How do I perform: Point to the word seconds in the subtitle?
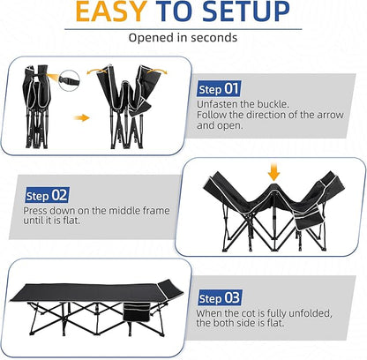(212, 38)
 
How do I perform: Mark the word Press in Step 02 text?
(40, 213)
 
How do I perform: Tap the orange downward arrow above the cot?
(273, 169)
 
